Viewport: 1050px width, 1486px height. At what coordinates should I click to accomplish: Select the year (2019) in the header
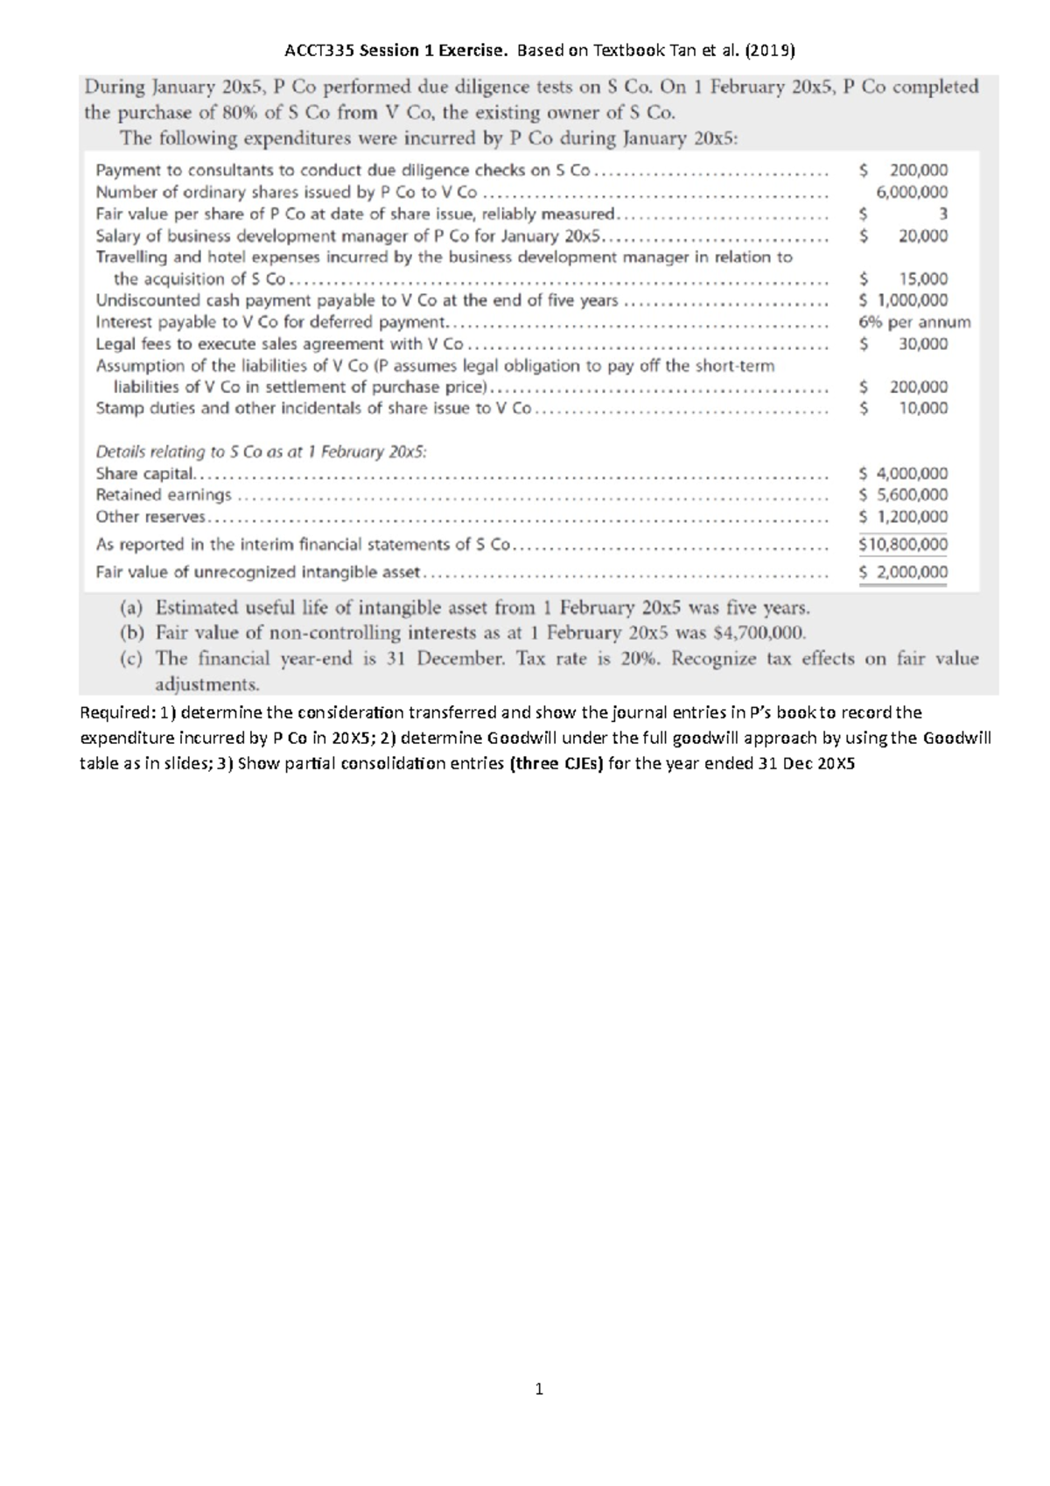pyautogui.click(x=770, y=51)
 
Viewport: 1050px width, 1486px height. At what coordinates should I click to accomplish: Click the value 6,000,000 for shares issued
pyautogui.click(x=912, y=193)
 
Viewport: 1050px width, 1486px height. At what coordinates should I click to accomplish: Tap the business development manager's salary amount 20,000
pyautogui.click(x=922, y=235)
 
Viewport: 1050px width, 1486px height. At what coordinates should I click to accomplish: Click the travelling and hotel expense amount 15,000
pyautogui.click(x=922, y=279)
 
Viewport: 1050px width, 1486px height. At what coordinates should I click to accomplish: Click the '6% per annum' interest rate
pyautogui.click(x=914, y=322)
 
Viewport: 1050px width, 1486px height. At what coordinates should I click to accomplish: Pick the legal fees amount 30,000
pyautogui.click(x=922, y=344)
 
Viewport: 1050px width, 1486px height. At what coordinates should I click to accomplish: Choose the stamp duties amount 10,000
pyautogui.click(x=922, y=408)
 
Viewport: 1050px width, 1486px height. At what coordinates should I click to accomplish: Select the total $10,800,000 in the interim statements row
pyautogui.click(x=904, y=544)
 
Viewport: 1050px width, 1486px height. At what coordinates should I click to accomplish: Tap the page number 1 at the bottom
pyautogui.click(x=539, y=1389)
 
